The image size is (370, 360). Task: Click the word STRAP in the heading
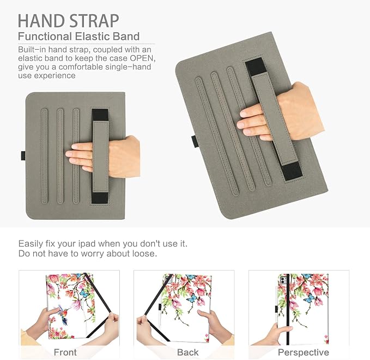(x=94, y=21)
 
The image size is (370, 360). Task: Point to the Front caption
(x=65, y=352)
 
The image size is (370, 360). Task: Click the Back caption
(x=188, y=352)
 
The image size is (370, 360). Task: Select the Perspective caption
(x=304, y=352)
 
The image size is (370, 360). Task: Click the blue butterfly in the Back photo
(x=192, y=298)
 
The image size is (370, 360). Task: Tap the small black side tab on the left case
(x=23, y=155)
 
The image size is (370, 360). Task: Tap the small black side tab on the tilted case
(x=195, y=142)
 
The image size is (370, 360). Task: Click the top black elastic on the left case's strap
(x=100, y=115)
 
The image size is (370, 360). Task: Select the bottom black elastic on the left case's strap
(x=100, y=197)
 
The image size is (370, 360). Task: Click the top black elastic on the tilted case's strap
(x=255, y=67)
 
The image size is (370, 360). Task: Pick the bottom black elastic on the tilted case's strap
(x=293, y=171)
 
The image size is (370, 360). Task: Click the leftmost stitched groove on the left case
(x=44, y=156)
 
